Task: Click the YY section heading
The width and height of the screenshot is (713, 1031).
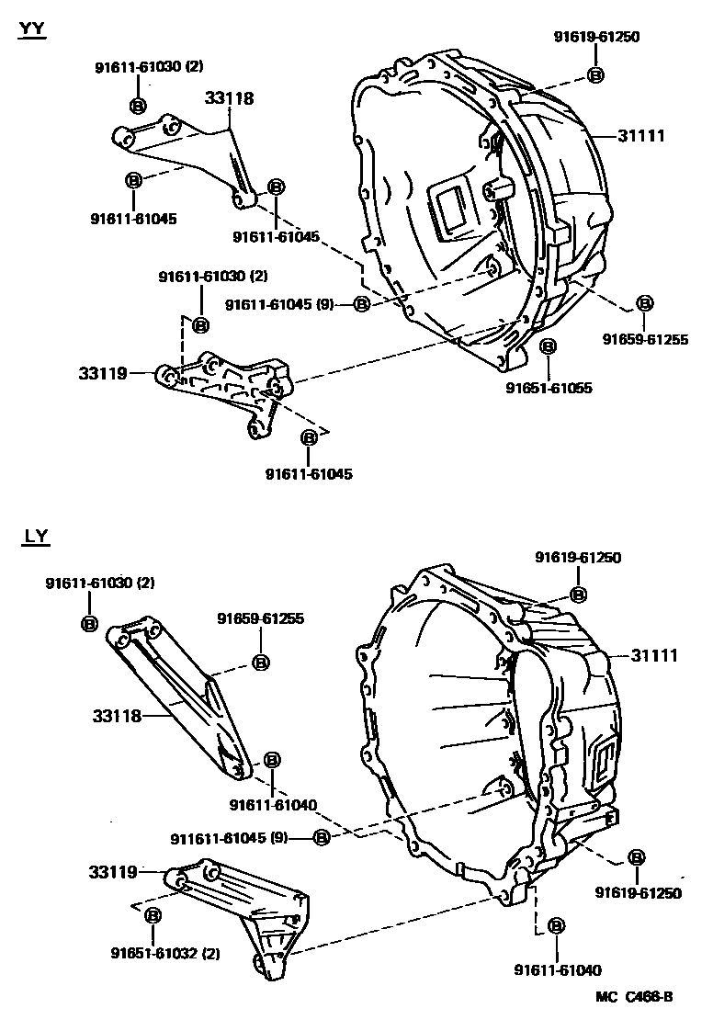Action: pyautogui.click(x=32, y=28)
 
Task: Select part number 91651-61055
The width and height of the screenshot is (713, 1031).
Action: pyautogui.click(x=549, y=388)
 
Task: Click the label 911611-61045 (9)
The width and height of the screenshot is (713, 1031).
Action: pyautogui.click(x=229, y=837)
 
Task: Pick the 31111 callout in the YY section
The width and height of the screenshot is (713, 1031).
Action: pyautogui.click(x=640, y=135)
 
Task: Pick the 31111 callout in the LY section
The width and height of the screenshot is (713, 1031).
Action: pyautogui.click(x=653, y=655)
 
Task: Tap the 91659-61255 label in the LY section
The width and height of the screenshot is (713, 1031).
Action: pyautogui.click(x=260, y=618)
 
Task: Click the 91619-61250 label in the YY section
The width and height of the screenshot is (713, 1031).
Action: pyautogui.click(x=595, y=37)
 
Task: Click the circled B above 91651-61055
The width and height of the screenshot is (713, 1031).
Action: pyautogui.click(x=548, y=346)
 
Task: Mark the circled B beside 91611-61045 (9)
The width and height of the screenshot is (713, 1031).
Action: pyautogui.click(x=361, y=303)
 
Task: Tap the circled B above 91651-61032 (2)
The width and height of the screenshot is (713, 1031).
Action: pyautogui.click(x=153, y=914)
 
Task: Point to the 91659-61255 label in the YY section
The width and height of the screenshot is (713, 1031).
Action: pyautogui.click(x=645, y=339)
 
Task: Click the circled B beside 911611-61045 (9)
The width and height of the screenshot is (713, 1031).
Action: pyautogui.click(x=321, y=837)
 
